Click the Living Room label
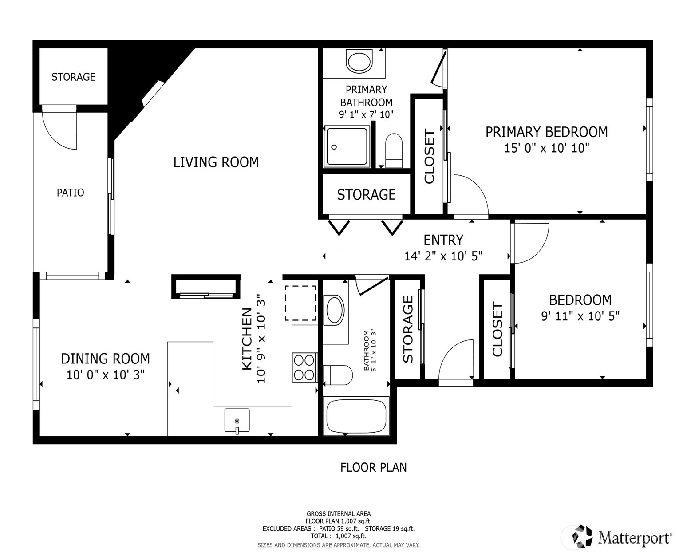point(216,162)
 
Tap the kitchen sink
point(237,420)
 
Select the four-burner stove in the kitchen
point(304,367)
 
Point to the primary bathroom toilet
point(394,150)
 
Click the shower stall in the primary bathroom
point(347,146)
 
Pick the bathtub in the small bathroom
point(356,416)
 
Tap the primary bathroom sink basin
point(359,61)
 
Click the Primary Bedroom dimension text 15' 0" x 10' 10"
point(547,148)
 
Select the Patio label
point(71,193)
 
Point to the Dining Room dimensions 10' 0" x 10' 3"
point(106,375)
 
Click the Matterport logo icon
point(582,536)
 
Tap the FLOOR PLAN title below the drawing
point(374,467)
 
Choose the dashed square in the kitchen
point(300,303)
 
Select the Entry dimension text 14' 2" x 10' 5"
point(443,256)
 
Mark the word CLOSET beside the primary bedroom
point(430,157)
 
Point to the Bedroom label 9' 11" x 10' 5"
point(580,308)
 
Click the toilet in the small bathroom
point(338,375)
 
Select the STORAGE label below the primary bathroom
point(367,195)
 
